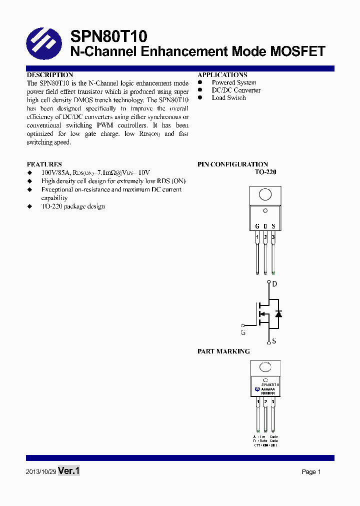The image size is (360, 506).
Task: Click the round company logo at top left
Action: pyautogui.click(x=43, y=43)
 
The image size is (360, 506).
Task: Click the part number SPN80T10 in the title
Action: pyautogui.click(x=108, y=36)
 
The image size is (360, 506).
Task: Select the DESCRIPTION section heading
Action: pyautogui.click(x=50, y=74)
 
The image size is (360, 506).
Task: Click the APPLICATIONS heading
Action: pyautogui.click(x=222, y=74)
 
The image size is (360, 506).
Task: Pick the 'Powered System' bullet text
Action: pyautogui.click(x=234, y=82)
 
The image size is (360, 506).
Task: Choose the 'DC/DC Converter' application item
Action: pyautogui.click(x=236, y=90)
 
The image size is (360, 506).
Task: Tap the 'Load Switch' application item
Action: pyautogui.click(x=228, y=98)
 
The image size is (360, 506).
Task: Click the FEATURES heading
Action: pyautogui.click(x=44, y=164)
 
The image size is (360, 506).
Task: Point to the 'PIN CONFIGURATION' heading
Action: pyautogui.click(x=232, y=164)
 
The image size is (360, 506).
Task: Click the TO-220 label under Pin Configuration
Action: pyautogui.click(x=265, y=172)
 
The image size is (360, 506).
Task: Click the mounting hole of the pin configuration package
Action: pyautogui.click(x=265, y=194)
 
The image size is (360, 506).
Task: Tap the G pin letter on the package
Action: pyautogui.click(x=257, y=226)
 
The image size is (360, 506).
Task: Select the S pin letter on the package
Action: pyautogui.click(x=273, y=226)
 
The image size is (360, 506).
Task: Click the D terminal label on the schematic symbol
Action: pyautogui.click(x=274, y=284)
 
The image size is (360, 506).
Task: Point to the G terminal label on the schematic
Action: pyautogui.click(x=243, y=332)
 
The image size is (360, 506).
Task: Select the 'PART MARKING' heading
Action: pyautogui.click(x=223, y=351)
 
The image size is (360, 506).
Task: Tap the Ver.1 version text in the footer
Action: pyautogui.click(x=69, y=471)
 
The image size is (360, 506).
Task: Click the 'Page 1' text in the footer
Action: pyautogui.click(x=311, y=472)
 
